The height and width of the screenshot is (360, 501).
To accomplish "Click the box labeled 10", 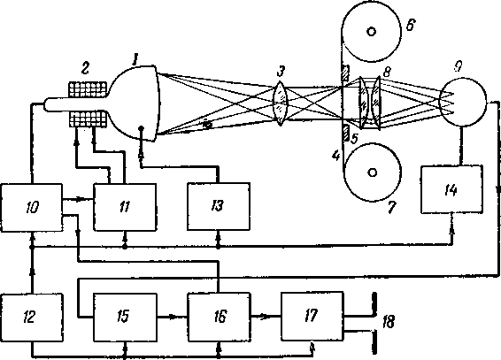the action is pos(32,208).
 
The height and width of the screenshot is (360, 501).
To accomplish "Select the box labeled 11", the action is pos(125,207).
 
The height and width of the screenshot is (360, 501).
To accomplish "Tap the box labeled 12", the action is pos(32,316).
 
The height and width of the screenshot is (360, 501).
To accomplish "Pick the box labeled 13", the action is pos(219,206).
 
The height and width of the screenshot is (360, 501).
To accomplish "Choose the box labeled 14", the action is pos(451,189).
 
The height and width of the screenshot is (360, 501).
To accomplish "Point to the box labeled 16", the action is pos(219,315).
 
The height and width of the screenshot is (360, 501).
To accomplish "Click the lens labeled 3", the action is pos(281,103).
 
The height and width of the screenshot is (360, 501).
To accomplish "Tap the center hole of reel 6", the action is pos(372,31).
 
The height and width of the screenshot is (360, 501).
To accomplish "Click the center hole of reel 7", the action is pos(372,172).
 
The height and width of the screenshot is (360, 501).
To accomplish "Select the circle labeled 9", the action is pos(463,102).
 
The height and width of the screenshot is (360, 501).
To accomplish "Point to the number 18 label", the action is pos(389,322).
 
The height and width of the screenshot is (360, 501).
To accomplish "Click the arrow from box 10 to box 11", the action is pos(78,199).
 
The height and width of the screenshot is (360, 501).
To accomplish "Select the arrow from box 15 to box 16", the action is pos(172,318).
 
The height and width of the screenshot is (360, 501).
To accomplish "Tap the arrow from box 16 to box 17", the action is pos(266,317).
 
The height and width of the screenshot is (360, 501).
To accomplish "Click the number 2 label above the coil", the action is pos(86,67).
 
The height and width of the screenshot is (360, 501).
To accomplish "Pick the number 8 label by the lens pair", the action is pos(387,73).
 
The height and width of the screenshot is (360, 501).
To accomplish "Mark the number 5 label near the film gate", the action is pos(355,138).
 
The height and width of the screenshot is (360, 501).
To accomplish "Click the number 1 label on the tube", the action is pos(135,59).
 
